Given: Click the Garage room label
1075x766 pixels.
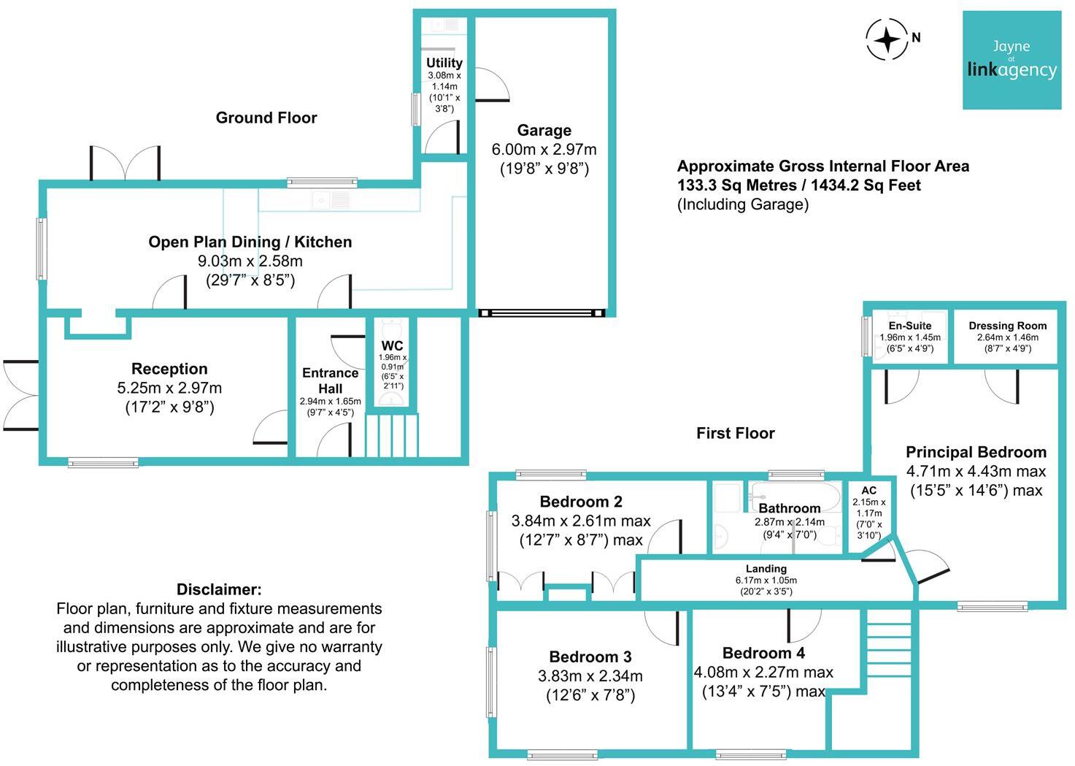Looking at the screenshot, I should [x=544, y=131].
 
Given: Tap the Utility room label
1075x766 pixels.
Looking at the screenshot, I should [x=444, y=63].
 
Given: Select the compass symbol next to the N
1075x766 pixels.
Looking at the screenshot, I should [x=887, y=39].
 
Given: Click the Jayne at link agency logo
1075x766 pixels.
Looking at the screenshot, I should [x=1012, y=60].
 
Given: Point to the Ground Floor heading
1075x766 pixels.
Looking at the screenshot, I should [x=266, y=118].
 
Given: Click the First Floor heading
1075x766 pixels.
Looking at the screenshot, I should [x=735, y=433].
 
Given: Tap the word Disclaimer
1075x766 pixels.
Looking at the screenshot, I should [x=219, y=589].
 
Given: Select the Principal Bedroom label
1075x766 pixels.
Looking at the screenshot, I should [x=976, y=452].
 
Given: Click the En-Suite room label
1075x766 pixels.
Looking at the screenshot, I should [x=909, y=326].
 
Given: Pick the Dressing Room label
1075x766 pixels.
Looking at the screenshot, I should [x=1007, y=326].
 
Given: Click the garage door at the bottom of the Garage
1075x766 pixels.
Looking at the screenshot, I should [x=542, y=313].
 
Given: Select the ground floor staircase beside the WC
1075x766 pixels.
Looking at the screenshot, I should [x=392, y=435].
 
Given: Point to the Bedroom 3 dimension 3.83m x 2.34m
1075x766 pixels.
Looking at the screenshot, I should [x=590, y=676].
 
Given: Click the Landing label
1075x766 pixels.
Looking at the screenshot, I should [x=766, y=568].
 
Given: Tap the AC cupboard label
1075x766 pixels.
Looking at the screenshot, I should [x=868, y=491].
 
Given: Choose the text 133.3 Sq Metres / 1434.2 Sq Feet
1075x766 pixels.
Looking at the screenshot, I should [x=798, y=185].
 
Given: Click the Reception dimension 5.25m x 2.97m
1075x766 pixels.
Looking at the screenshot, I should [x=169, y=388].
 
